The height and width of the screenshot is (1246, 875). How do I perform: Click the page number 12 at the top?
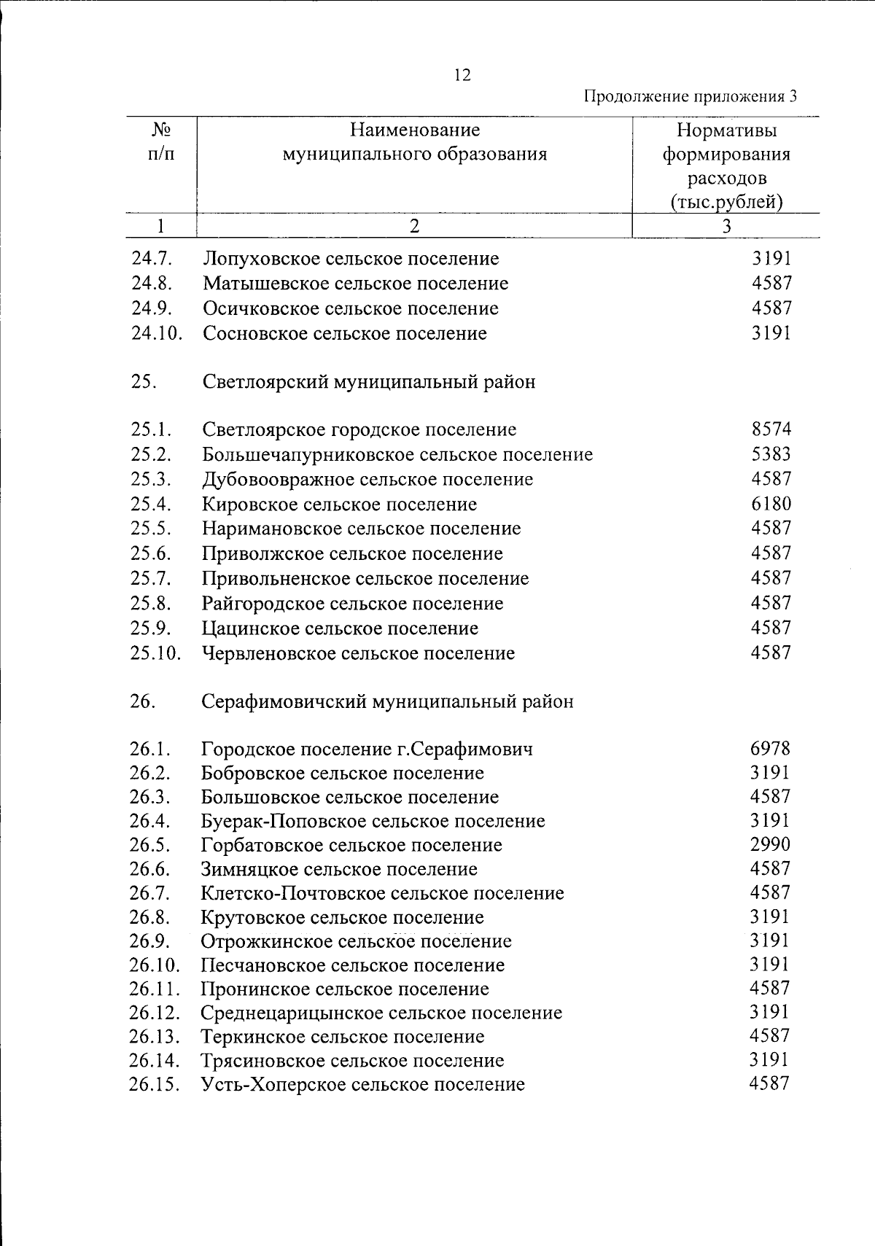pos(462,75)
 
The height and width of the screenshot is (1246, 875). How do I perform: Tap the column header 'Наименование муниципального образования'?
pos(414,142)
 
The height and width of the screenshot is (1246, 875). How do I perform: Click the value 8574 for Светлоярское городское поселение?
pos(771,429)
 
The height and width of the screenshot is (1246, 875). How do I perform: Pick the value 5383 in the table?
pos(771,454)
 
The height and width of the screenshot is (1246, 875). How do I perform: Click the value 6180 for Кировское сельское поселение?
pos(771,504)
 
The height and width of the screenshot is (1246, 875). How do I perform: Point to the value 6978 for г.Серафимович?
pos(770,748)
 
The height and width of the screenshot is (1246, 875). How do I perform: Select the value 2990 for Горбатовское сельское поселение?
pos(770,844)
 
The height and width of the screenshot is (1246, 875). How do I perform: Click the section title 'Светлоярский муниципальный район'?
pos(369,381)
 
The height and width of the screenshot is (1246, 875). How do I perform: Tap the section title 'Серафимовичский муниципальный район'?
pos(387,701)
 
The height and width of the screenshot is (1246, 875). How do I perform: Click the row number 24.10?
pos(156,334)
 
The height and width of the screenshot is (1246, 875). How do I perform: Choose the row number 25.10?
pos(155,653)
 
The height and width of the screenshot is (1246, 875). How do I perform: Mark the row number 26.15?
pos(155,1084)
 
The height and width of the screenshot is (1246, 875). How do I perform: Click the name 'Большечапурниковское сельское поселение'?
pos(397,455)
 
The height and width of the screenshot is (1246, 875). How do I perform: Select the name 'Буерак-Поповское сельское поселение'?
pos(373,821)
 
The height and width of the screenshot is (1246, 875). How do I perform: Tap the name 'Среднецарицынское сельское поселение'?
pos(381,1013)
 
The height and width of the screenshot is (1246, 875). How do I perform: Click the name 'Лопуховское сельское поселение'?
pos(351,259)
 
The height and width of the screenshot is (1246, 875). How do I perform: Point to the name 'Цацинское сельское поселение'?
pos(341,628)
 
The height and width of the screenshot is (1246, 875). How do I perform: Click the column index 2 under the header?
pos(414,226)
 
